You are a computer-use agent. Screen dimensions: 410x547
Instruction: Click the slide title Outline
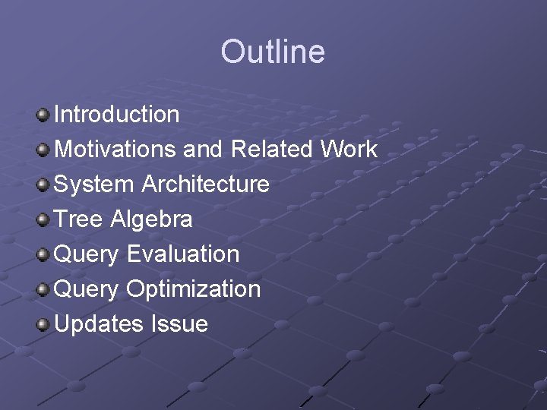(273, 52)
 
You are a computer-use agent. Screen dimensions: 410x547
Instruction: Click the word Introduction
(117, 114)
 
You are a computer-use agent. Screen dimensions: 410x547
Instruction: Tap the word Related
(271, 149)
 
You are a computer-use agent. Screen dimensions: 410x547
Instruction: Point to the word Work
(349, 149)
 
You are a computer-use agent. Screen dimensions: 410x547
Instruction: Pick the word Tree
(80, 219)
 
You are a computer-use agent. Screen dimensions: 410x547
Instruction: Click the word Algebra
(152, 220)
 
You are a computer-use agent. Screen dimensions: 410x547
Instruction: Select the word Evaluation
(182, 254)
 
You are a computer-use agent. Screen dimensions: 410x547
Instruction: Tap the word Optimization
(193, 289)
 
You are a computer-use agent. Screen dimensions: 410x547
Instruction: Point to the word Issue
(179, 323)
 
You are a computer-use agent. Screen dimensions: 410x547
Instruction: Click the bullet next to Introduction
(43, 115)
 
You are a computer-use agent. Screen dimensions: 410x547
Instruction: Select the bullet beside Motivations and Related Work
(43, 150)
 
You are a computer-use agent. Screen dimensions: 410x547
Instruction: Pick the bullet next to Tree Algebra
(43, 220)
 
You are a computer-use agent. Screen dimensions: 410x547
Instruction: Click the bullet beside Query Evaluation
(43, 255)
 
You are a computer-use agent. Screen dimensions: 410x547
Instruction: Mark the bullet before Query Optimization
(43, 290)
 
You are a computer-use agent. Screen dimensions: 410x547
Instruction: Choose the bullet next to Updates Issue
(43, 325)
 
